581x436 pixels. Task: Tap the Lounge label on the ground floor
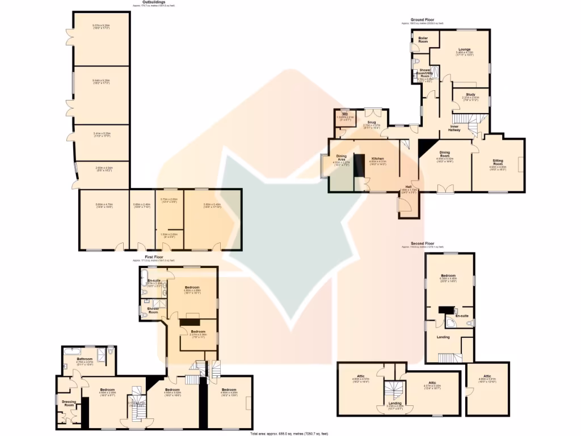click(464, 49)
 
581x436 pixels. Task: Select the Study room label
click(470, 94)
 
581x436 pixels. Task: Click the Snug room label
click(371, 121)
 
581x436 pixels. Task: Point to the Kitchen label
click(378, 158)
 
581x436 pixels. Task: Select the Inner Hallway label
click(455, 128)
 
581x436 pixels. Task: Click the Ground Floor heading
click(422, 20)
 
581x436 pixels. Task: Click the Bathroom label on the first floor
click(85, 359)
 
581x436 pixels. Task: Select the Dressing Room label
click(69, 404)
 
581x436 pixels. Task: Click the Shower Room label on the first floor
click(153, 310)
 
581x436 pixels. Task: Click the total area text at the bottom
click(289, 434)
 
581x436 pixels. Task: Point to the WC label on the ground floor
click(344, 114)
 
